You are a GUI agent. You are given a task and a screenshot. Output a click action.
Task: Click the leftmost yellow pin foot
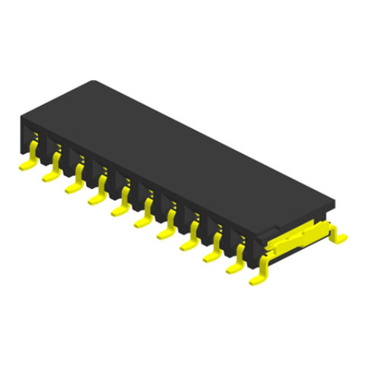[26, 162]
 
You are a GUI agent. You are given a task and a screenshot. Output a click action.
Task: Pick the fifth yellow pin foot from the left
[119, 210]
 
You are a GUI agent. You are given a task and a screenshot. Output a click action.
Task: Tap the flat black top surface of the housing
[175, 152]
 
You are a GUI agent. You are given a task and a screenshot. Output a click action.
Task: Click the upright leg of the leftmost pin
[34, 144]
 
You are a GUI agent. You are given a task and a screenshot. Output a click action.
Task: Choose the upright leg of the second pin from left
[57, 158]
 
